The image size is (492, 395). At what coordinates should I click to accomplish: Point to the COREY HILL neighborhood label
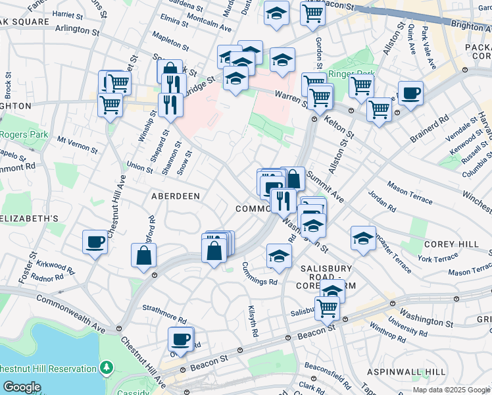451,244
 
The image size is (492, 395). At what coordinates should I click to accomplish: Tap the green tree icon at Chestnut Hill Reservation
106,367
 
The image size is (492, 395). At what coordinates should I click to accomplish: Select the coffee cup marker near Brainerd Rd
410,93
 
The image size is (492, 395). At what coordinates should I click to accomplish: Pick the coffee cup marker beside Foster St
95,243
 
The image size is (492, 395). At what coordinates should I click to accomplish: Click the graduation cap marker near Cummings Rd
280,256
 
